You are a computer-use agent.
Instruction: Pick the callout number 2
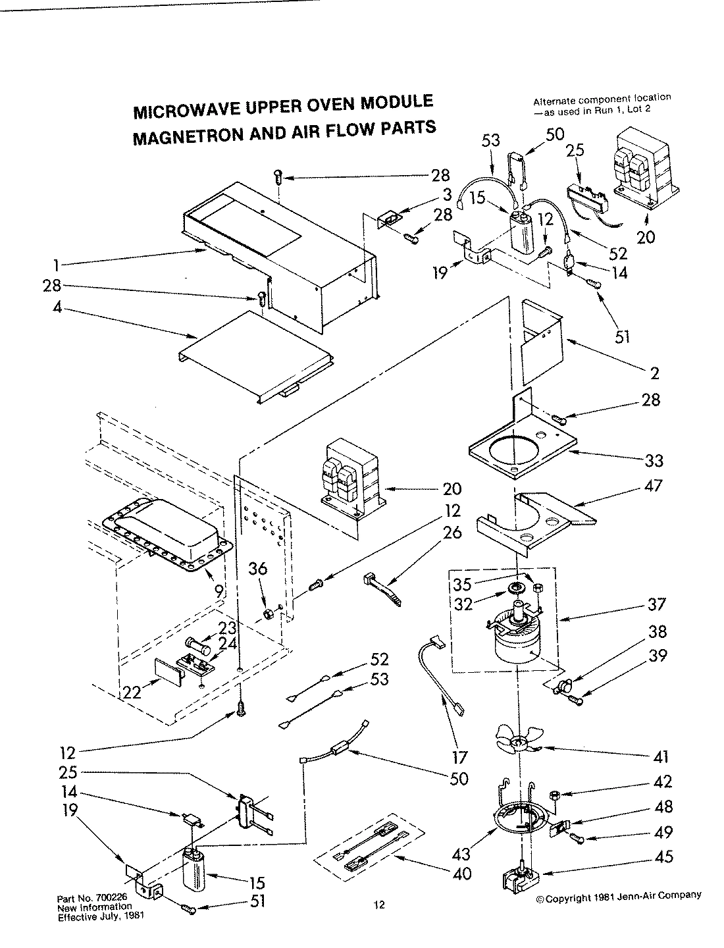654,374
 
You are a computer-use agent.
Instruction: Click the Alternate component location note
601,103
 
